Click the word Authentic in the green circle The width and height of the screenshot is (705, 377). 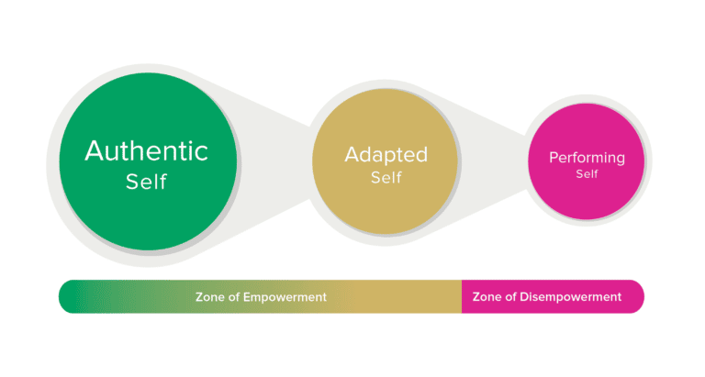[x=147, y=150]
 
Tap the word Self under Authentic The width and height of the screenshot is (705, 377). [x=147, y=181]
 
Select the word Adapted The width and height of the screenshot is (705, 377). [x=386, y=154]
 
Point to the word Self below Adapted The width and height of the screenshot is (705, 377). [x=386, y=177]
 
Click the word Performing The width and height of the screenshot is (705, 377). [x=587, y=158]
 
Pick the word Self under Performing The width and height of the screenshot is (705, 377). [x=587, y=174]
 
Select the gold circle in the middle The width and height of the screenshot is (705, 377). [x=386, y=206]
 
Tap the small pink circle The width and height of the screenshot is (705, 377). [x=587, y=197]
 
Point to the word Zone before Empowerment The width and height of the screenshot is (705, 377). [x=210, y=297]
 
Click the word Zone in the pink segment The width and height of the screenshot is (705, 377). [x=487, y=297]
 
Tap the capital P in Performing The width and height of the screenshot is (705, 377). [x=554, y=158]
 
